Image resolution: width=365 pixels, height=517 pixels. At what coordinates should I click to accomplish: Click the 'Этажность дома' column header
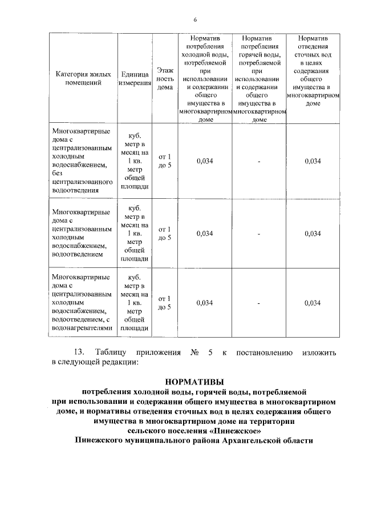(x=165, y=78)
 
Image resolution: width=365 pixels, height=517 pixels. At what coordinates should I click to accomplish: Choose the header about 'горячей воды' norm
(x=259, y=78)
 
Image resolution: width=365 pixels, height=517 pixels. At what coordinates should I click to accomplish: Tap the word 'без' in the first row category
(x=57, y=174)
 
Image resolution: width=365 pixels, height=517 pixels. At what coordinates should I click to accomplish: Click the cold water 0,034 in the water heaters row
(x=204, y=303)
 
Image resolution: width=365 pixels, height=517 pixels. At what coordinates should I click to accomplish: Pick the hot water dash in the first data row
(x=259, y=162)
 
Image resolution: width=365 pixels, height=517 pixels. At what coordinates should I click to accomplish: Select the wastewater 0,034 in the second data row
(x=313, y=233)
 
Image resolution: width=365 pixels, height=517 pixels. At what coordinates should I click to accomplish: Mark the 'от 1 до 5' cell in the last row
(x=165, y=303)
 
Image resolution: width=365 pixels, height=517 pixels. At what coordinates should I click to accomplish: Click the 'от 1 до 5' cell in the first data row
(x=165, y=162)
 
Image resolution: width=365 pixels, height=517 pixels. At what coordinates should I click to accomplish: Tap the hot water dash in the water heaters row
(x=259, y=303)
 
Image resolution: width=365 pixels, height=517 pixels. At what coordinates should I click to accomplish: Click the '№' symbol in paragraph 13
(x=193, y=352)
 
